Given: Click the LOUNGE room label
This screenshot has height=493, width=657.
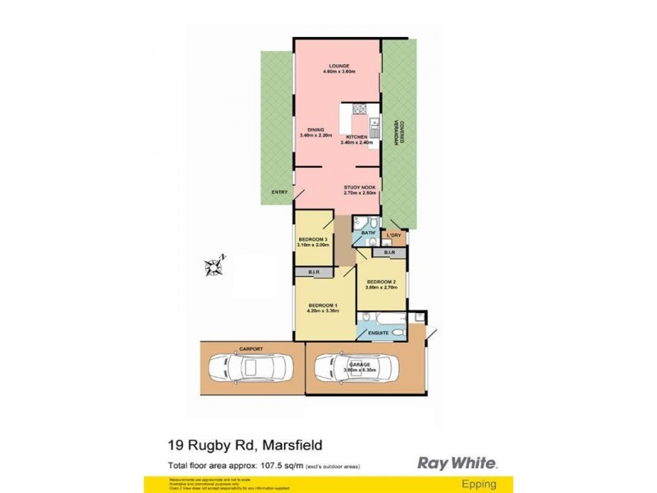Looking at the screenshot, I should click(339, 66).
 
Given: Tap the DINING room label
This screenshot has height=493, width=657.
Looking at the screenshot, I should click(315, 130).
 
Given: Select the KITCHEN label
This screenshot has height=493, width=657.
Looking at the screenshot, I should click(356, 136).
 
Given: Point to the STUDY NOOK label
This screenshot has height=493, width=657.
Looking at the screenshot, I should click(360, 187).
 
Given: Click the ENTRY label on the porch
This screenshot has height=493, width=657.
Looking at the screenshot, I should click(279, 193).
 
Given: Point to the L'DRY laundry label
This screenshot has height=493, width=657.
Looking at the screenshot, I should click(395, 236).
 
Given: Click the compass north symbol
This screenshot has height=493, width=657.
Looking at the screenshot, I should click(215, 265).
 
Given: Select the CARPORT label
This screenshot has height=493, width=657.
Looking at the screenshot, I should click(250, 349).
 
